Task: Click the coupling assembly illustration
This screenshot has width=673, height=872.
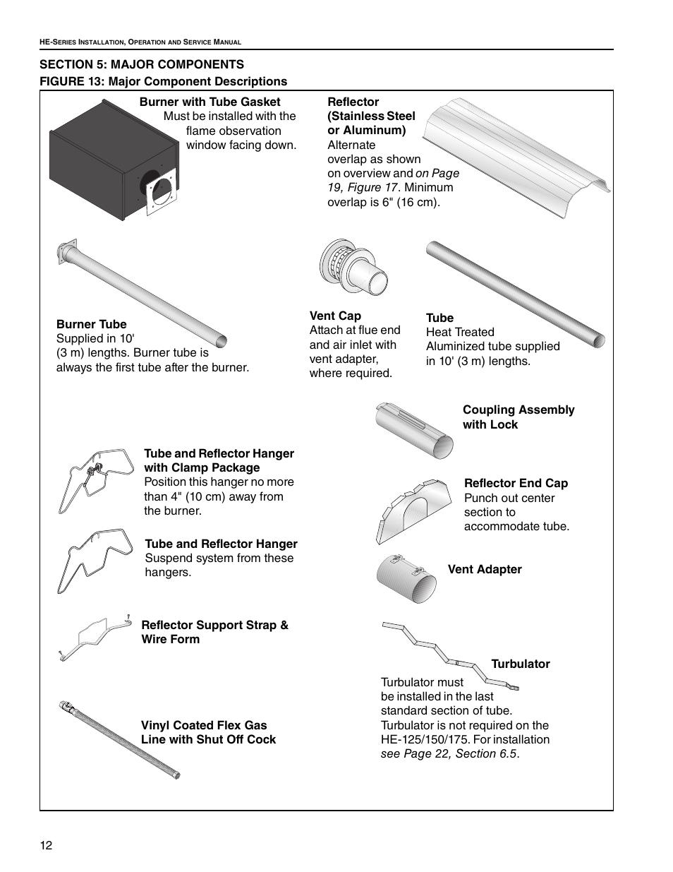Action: pyautogui.click(x=414, y=430)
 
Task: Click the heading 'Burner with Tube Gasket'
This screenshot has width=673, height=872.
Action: pyautogui.click(x=210, y=102)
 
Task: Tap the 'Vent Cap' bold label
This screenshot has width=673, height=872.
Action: pyautogui.click(x=335, y=316)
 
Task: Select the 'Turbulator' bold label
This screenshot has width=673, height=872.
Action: pyautogui.click(x=520, y=664)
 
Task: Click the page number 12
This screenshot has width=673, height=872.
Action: pyautogui.click(x=47, y=846)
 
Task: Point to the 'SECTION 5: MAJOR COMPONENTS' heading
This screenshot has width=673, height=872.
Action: pyautogui.click(x=142, y=64)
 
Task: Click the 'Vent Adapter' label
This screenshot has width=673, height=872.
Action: pyautogui.click(x=485, y=570)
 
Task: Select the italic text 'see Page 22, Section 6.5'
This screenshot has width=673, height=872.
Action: pyautogui.click(x=449, y=754)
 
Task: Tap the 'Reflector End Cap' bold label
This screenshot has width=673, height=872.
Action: pyautogui.click(x=516, y=484)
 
